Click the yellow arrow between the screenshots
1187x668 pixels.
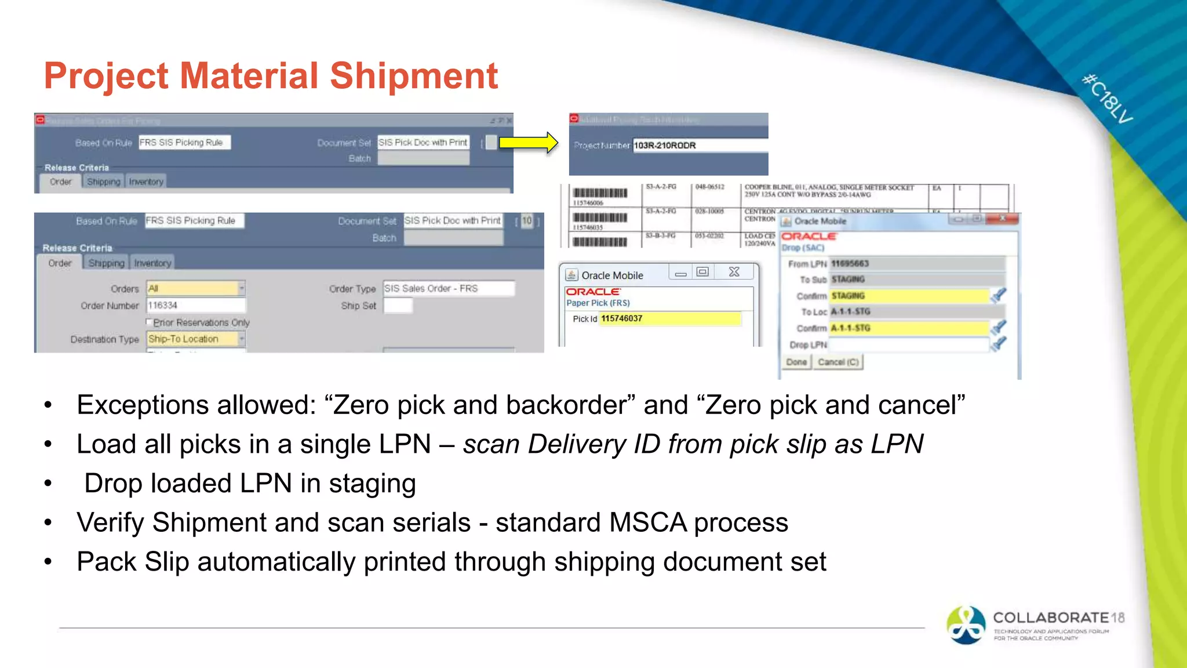[x=528, y=142]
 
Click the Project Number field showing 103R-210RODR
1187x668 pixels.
[x=698, y=145]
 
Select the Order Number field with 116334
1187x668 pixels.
[x=196, y=305]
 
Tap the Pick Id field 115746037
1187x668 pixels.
[x=669, y=318]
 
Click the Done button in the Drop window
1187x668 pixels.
[x=796, y=362]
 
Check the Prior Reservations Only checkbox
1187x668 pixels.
[x=150, y=322]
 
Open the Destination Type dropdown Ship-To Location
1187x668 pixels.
[x=242, y=339]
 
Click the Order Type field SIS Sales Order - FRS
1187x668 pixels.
[x=448, y=288]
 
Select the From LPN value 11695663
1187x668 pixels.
[x=850, y=264]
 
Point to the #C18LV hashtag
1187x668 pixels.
[x=1107, y=99]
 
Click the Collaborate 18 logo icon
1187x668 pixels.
[x=966, y=625]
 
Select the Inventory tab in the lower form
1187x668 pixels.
[x=152, y=263]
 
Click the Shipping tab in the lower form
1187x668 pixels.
[x=107, y=263]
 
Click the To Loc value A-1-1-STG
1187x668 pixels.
[x=850, y=312]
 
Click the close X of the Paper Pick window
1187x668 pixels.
[x=734, y=272]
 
